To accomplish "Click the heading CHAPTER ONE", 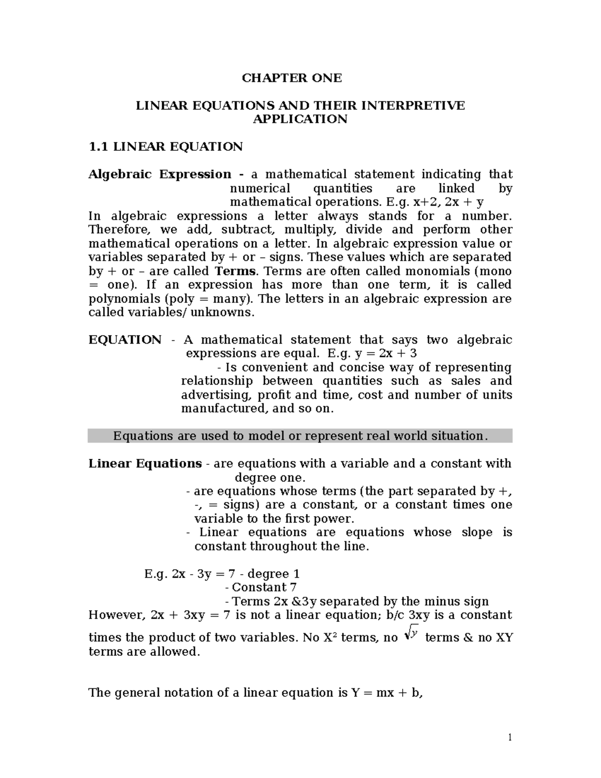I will coord(291,78).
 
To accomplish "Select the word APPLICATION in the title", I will coord(300,119).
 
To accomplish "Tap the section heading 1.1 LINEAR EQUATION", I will coord(165,147).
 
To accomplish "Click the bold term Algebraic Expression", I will coord(160,174).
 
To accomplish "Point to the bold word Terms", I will coord(235,271).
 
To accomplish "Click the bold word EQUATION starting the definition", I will coord(125,340).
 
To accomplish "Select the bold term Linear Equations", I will coord(145,463).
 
